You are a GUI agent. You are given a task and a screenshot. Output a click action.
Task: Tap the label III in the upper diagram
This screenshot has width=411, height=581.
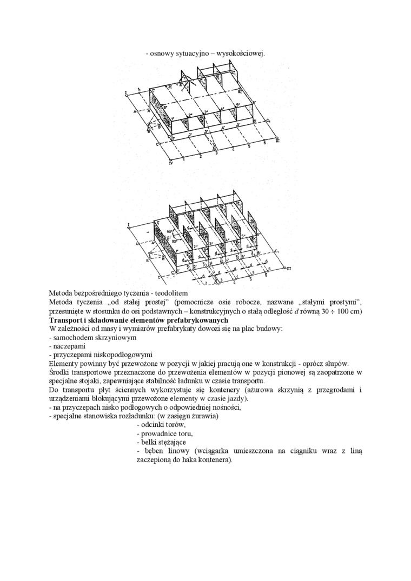coord(277,141)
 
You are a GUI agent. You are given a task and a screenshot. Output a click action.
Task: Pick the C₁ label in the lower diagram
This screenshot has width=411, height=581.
coord(276,251)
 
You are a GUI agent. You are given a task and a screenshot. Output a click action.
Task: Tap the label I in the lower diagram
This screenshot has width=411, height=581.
coord(129,224)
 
